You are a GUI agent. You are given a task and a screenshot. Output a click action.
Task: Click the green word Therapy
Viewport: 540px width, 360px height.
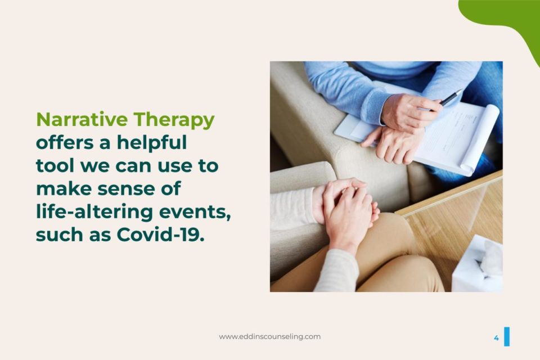tap(174, 120)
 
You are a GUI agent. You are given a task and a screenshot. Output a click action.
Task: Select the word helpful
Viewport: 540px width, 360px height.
tap(151, 143)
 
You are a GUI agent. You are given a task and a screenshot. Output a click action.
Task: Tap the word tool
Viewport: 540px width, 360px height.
tap(55, 165)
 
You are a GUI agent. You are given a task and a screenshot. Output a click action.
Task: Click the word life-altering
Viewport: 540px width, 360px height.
tap(94, 212)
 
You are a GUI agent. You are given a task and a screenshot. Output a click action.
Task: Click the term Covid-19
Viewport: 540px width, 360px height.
tap(160, 235)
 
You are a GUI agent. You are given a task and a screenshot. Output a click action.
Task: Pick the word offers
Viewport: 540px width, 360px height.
tap(65, 142)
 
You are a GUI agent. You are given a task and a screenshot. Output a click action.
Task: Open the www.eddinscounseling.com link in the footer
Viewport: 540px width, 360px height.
tap(269, 336)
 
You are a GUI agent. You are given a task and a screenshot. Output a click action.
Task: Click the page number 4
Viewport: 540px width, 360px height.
tap(496, 337)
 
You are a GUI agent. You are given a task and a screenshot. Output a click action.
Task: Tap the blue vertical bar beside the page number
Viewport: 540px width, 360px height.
tap(507, 336)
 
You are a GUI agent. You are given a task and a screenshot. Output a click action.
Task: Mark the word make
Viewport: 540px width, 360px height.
tap(64, 188)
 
